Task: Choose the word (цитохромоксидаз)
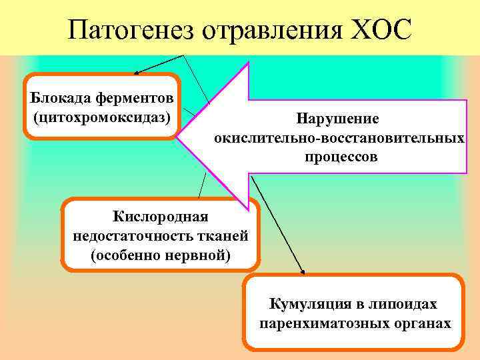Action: pyautogui.click(x=101, y=117)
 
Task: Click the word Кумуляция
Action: pyautogui.click(x=310, y=304)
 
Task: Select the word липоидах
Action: pyautogui.click(x=405, y=304)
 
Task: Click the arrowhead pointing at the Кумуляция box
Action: pyautogui.click(x=303, y=272)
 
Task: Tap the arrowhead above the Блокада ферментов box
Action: pyautogui.click(x=136, y=71)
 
